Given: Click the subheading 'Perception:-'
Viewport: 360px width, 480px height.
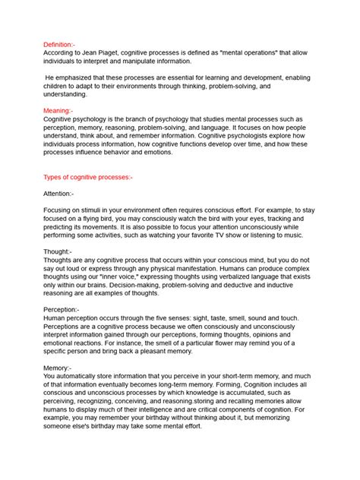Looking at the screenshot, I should click(62, 310).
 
